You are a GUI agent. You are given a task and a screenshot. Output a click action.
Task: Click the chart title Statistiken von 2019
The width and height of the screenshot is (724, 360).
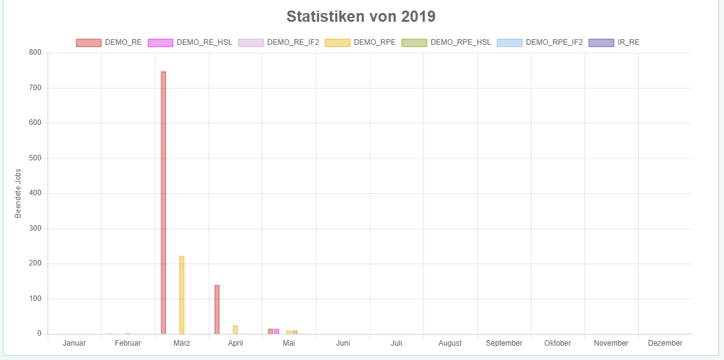[x=361, y=16]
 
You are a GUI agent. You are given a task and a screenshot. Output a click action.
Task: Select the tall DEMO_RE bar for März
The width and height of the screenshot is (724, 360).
[x=164, y=203]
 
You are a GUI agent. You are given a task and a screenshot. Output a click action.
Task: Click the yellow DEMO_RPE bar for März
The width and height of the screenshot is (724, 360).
[x=182, y=295]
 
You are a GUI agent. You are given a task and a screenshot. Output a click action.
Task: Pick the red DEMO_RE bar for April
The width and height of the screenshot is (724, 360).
[x=217, y=309]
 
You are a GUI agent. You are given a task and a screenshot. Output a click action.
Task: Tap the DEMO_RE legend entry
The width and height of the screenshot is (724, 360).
[x=109, y=42]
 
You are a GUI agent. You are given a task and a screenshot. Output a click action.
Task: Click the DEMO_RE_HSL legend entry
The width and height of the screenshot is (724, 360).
[x=190, y=42]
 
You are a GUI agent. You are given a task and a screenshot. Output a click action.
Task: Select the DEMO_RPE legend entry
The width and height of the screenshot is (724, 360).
[x=360, y=42]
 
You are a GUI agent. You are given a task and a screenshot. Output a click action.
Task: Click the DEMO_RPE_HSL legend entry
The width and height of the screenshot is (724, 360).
[x=446, y=42]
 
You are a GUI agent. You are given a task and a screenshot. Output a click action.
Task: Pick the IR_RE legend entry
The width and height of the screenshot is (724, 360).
[x=614, y=42]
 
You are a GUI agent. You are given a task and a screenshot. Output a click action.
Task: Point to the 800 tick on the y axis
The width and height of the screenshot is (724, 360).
[x=35, y=53]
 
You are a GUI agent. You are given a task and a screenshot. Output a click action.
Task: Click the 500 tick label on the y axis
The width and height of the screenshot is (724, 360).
[x=35, y=158]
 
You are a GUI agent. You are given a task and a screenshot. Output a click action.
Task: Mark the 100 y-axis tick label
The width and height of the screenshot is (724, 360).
[x=35, y=298]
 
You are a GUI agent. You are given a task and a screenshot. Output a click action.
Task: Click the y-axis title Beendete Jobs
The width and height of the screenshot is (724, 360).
[x=18, y=193]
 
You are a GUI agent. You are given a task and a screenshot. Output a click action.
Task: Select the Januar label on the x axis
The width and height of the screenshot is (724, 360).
[x=75, y=343]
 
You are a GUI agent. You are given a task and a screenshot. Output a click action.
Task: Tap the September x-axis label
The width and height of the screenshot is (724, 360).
[x=504, y=343]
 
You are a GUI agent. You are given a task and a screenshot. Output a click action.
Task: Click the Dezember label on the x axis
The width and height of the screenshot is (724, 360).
[x=665, y=343]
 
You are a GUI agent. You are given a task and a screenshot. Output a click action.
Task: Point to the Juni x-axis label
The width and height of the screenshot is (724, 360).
[x=343, y=343]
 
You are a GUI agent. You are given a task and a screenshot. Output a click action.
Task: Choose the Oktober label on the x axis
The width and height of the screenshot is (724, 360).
[x=557, y=343]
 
